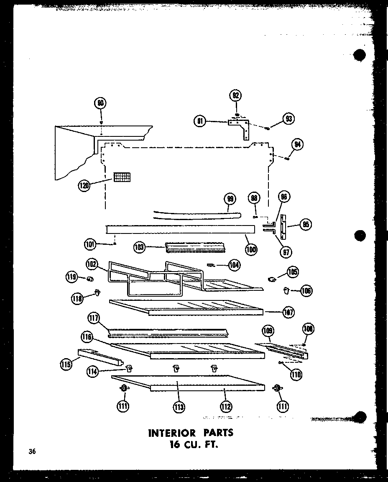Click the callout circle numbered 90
coord(100,103)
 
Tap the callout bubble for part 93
coord(288,119)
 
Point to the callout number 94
coord(297,145)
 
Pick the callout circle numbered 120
coord(84,185)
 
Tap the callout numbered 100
coord(251,249)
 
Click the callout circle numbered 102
coord(92,264)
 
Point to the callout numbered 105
coord(293,272)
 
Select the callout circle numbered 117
coord(93,318)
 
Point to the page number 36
coord(32,451)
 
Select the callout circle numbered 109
coord(268,331)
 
